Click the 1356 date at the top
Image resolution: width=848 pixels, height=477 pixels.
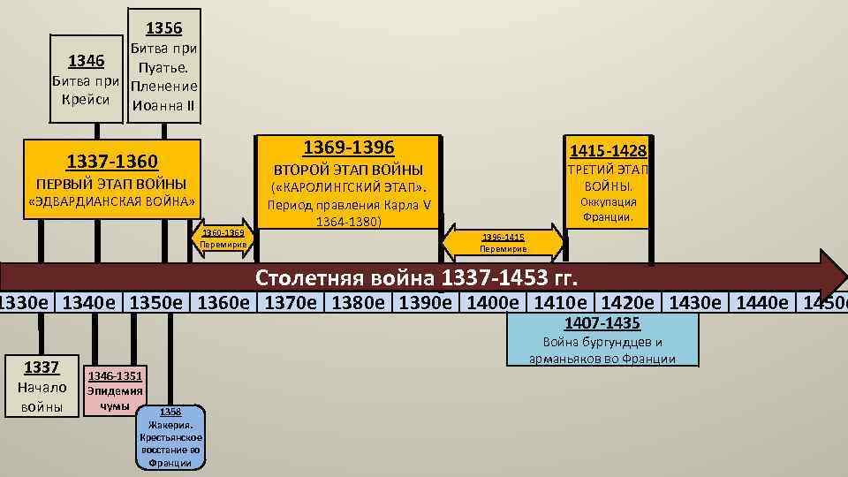163,27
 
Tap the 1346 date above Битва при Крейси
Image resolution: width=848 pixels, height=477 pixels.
87,61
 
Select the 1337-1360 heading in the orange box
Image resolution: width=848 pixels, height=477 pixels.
112,162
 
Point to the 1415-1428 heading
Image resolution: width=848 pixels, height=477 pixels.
609,151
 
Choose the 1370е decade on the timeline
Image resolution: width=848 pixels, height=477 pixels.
293,303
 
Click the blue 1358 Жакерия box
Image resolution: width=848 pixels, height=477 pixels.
170,436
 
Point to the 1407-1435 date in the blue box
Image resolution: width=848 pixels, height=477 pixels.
602,323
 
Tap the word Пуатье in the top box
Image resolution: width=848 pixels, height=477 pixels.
163,67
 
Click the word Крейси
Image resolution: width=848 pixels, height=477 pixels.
87,99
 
